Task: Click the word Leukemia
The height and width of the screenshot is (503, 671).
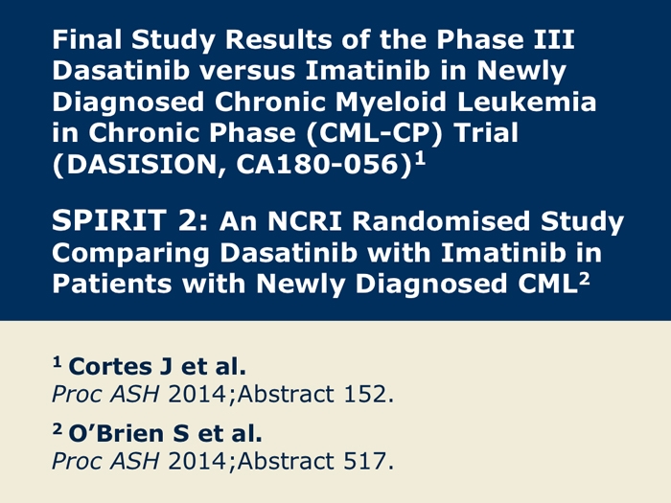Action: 526,102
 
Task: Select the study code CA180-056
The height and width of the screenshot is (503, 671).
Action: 317,164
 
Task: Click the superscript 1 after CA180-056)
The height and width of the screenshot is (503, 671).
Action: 421,159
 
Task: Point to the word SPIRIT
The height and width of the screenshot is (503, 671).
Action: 108,220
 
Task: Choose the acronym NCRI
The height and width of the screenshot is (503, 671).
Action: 305,221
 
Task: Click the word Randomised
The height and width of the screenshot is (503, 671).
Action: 441,221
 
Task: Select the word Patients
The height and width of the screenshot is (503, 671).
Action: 112,284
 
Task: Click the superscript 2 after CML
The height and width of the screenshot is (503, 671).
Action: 584,279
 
